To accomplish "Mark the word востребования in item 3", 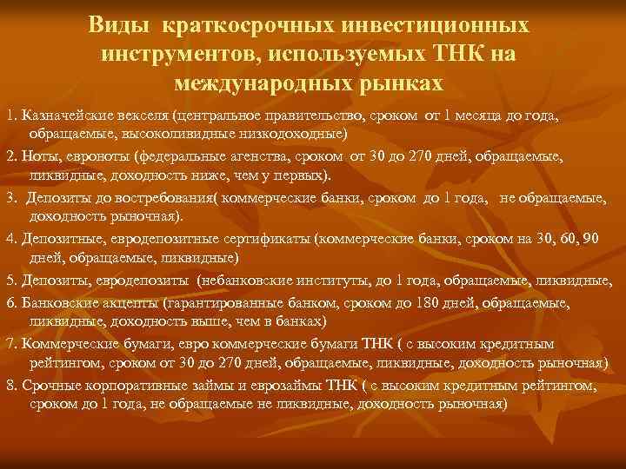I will pos(153,199).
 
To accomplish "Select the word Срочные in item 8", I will pos(49,384).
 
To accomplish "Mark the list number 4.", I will pos(11,238).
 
